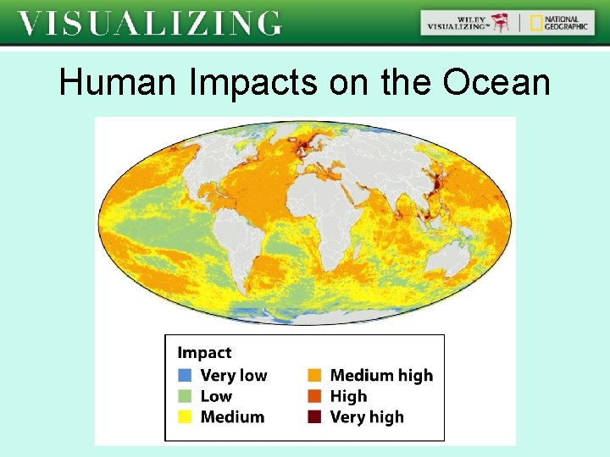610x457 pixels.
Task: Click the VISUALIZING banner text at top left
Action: coord(150,23)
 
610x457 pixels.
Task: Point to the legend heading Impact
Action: coord(204,353)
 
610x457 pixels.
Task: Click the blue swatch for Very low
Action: coord(186,375)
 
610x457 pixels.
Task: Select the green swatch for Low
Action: coord(186,396)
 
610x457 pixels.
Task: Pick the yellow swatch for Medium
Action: coord(186,416)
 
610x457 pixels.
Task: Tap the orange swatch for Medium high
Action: coord(314,375)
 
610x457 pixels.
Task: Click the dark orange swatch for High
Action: coord(314,396)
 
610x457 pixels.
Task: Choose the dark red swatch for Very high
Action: coord(314,416)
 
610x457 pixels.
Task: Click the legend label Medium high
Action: coord(381,375)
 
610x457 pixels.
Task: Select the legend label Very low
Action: coord(234,375)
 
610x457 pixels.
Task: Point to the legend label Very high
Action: coord(367,416)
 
